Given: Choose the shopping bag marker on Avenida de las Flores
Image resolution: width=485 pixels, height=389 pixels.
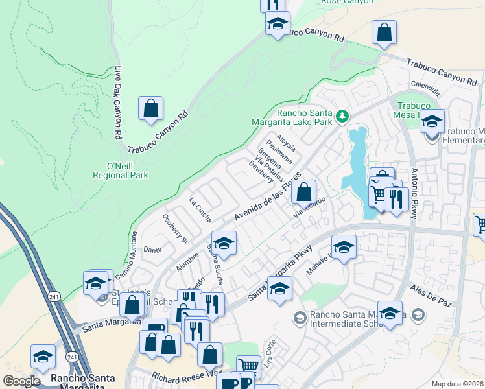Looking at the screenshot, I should pos(303,193).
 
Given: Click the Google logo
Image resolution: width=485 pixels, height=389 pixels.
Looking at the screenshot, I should pos(21,381).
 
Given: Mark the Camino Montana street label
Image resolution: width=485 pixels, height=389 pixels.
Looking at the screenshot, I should pos(127,256).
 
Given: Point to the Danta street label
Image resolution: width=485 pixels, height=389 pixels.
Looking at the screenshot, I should pos(152,249).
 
